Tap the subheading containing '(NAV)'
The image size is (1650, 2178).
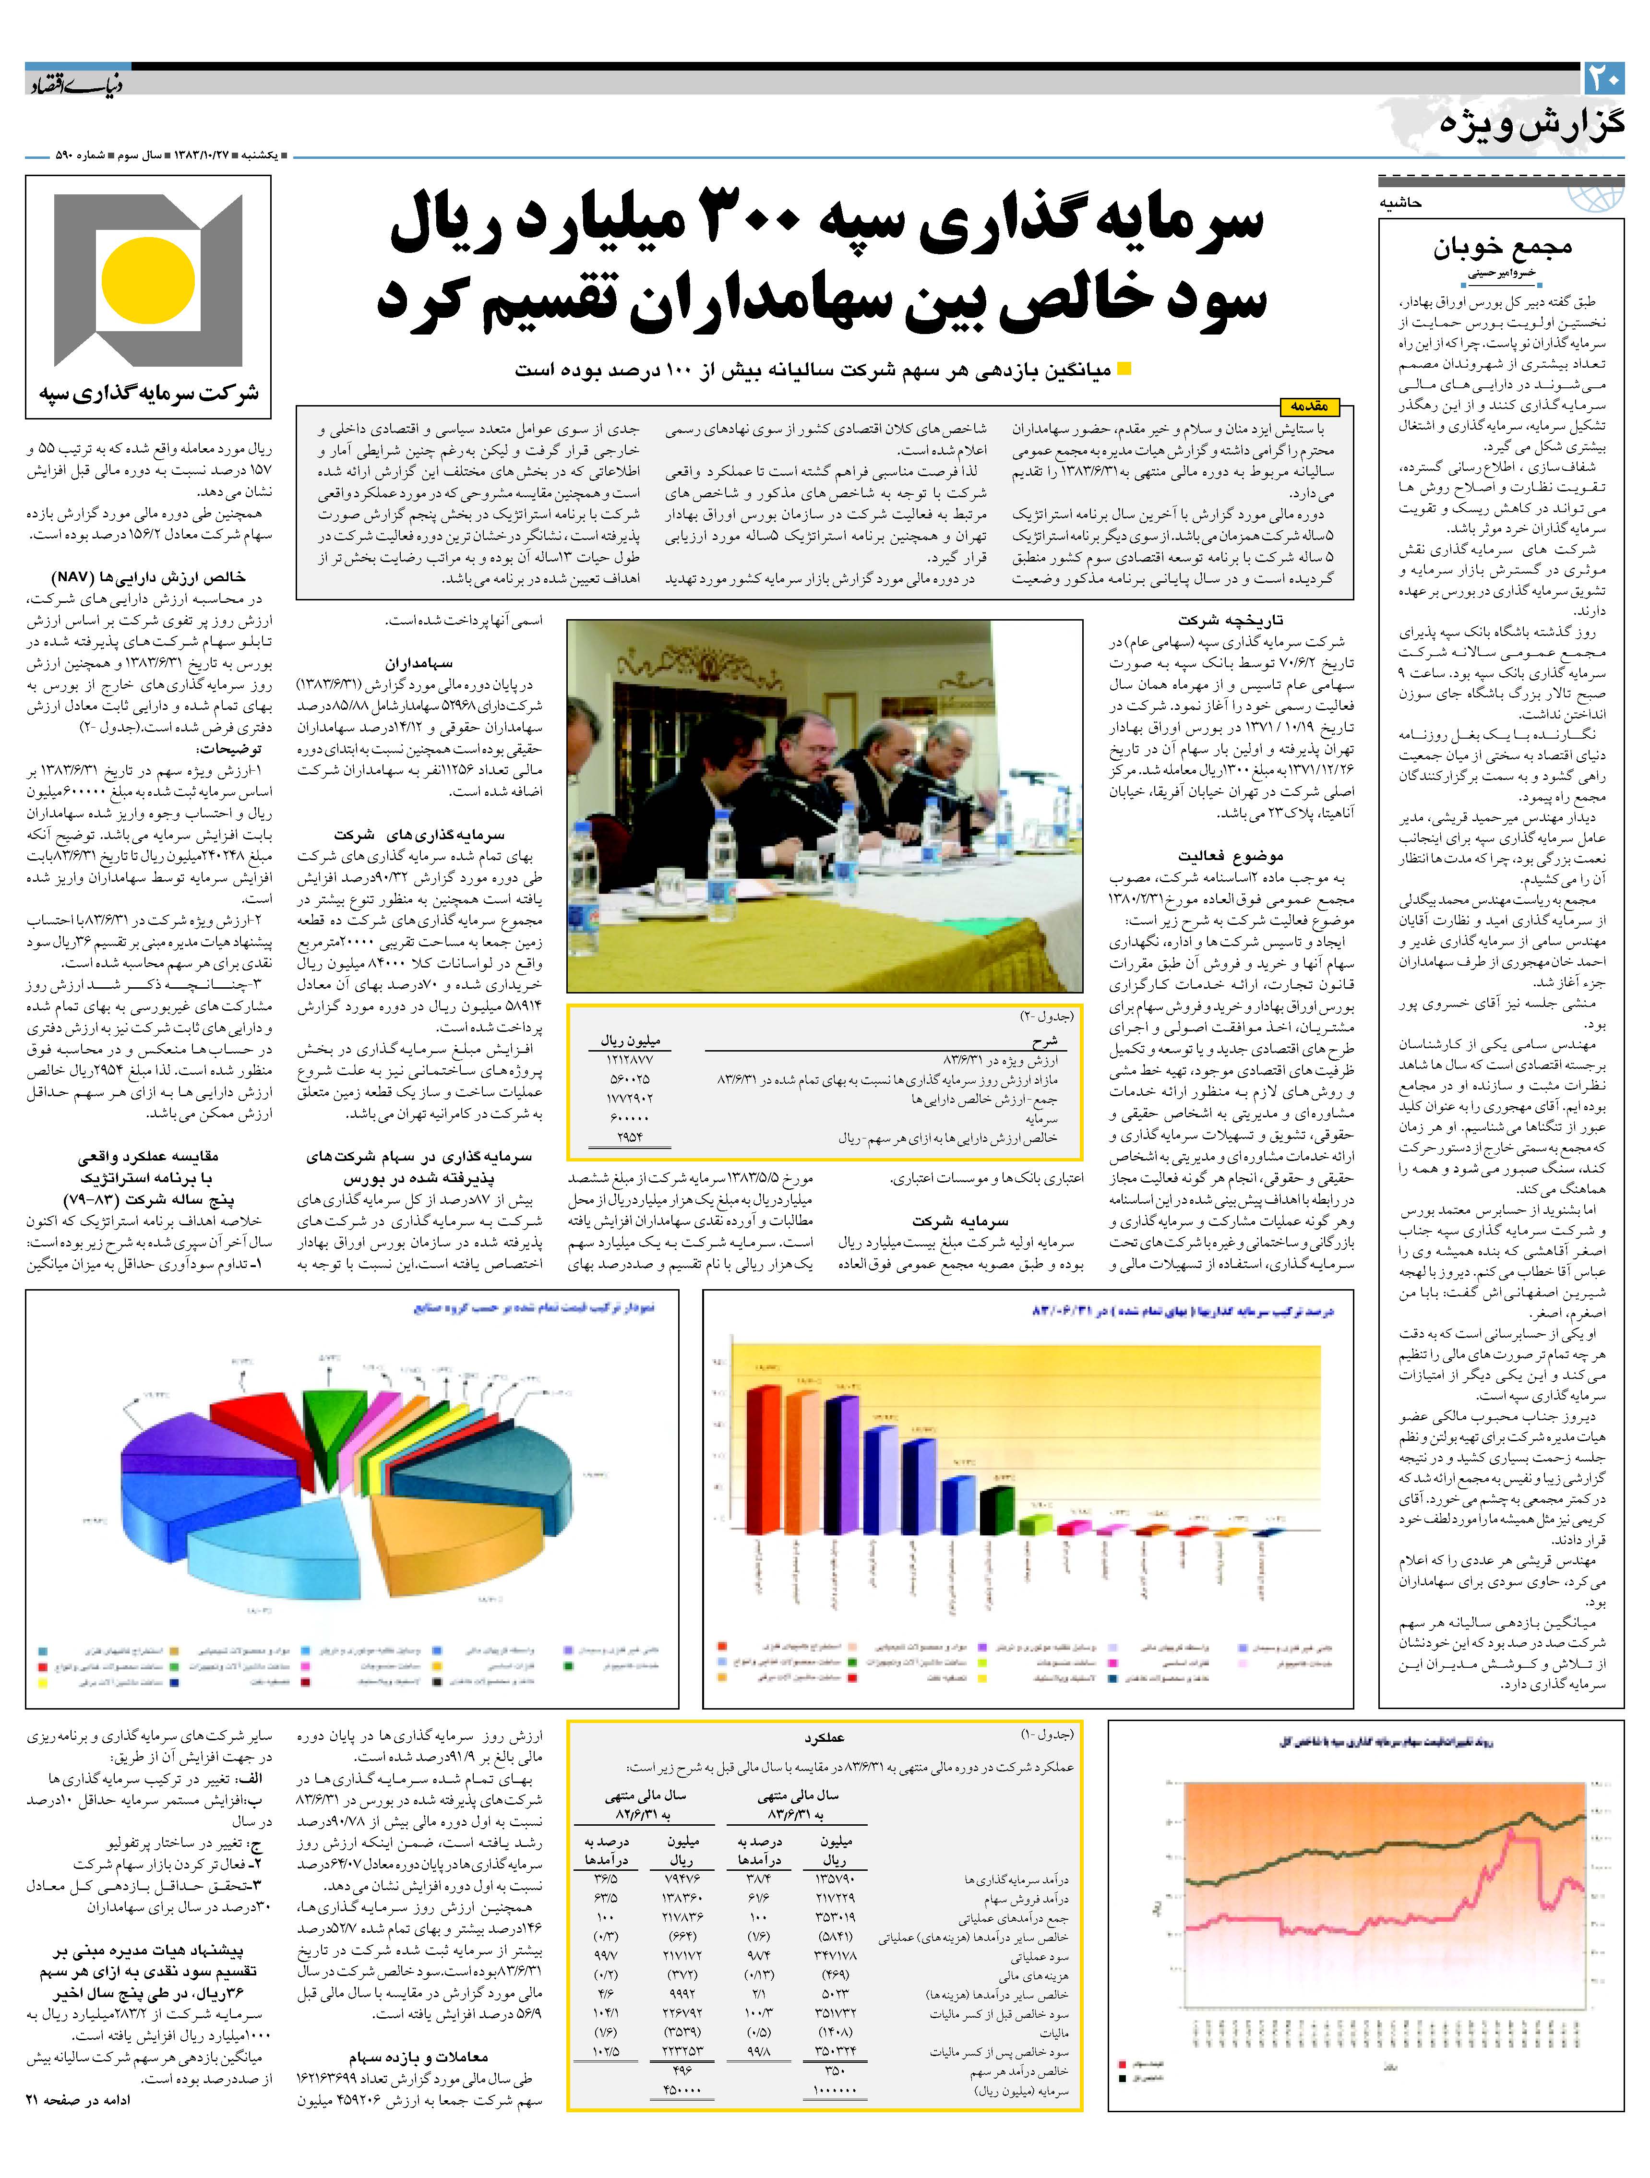click(x=148, y=577)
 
